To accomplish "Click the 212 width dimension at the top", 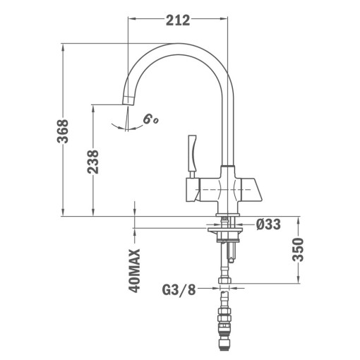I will point(177,20).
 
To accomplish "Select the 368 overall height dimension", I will point(63,132).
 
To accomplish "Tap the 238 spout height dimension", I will point(93,163).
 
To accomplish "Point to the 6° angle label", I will point(150,119).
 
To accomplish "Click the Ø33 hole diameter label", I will point(268,225).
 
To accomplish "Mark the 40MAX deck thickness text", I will point(135,270).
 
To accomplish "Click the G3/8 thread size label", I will point(179,289).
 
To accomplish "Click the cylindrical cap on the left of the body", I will point(189,188).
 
